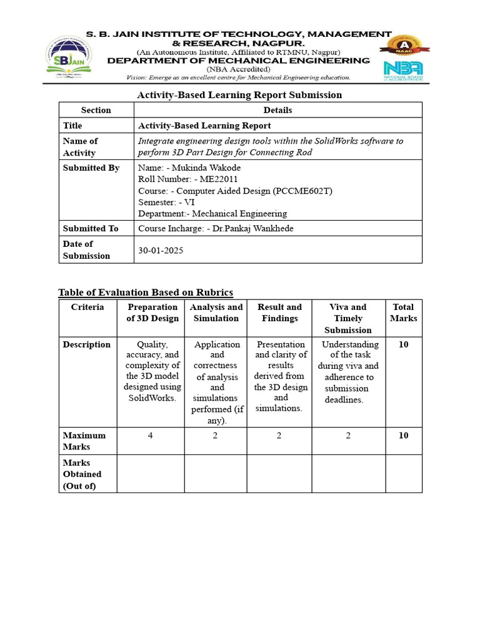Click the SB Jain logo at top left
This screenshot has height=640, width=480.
click(x=67, y=57)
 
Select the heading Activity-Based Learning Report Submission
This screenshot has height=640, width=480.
click(x=239, y=95)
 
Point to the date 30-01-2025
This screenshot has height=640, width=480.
click(x=161, y=250)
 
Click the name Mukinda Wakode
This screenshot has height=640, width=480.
click(x=202, y=167)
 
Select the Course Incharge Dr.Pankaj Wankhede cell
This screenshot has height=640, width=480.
click(x=216, y=229)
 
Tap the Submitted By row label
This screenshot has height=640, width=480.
click(x=91, y=168)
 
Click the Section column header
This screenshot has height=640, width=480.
click(x=96, y=110)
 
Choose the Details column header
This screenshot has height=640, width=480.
click(x=277, y=110)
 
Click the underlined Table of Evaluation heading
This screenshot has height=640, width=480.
click(x=146, y=292)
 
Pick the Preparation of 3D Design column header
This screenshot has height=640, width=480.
click(x=152, y=312)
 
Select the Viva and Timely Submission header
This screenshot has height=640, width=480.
click(x=348, y=318)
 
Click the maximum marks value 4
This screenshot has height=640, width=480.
click(x=150, y=436)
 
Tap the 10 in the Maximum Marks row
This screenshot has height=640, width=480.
click(x=404, y=436)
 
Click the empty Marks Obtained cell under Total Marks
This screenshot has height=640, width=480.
click(x=404, y=474)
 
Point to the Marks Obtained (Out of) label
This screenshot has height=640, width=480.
click(x=82, y=474)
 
